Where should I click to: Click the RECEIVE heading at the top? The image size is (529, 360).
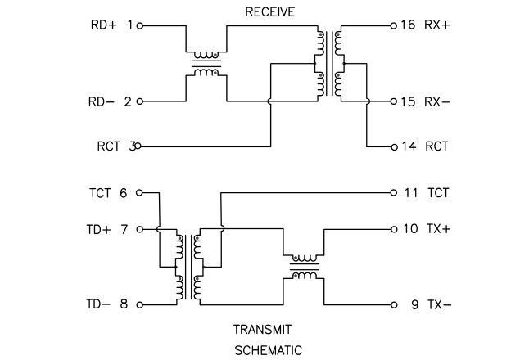pos(269,11)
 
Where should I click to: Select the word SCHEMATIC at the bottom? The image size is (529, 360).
pos(269,350)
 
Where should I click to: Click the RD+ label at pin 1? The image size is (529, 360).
pos(103,25)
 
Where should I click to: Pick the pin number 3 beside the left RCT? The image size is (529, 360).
pos(131,146)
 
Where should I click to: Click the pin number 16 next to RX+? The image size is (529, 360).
pos(407,25)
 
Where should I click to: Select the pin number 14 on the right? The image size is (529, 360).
pos(407,146)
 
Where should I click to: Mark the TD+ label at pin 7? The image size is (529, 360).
pos(101,230)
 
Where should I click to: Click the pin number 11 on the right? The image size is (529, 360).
pos(410,194)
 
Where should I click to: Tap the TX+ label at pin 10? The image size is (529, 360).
pos(438,230)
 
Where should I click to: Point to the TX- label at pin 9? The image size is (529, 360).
pos(438,304)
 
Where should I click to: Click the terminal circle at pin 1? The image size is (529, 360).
pos(140,25)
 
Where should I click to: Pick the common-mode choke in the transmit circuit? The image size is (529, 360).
pos(304,268)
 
